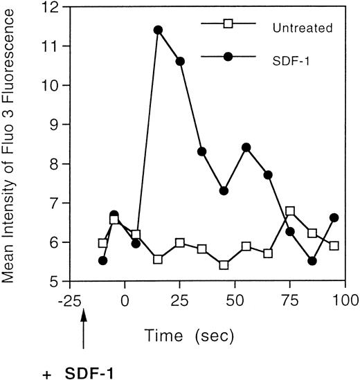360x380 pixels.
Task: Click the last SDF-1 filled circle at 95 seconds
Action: click(x=334, y=217)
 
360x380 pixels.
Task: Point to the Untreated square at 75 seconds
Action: click(x=290, y=210)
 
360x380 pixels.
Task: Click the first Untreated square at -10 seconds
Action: click(x=103, y=243)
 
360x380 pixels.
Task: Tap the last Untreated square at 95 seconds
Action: click(x=334, y=246)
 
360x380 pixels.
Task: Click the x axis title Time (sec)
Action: click(x=190, y=336)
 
